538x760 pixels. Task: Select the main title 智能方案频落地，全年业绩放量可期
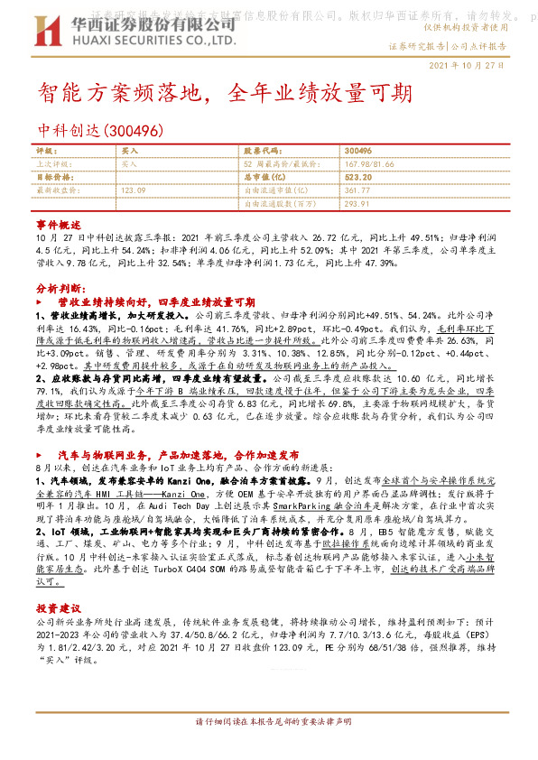click(x=225, y=93)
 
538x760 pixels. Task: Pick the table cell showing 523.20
click(x=358, y=178)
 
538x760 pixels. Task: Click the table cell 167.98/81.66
click(x=369, y=164)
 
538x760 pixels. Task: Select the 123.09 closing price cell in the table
click(x=133, y=190)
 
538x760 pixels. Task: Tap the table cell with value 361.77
click(x=357, y=190)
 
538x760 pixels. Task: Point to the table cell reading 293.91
click(x=357, y=204)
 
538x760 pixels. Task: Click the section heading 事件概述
click(x=58, y=222)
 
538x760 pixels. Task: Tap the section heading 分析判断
click(x=60, y=286)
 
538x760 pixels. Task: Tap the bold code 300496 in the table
click(x=358, y=151)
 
